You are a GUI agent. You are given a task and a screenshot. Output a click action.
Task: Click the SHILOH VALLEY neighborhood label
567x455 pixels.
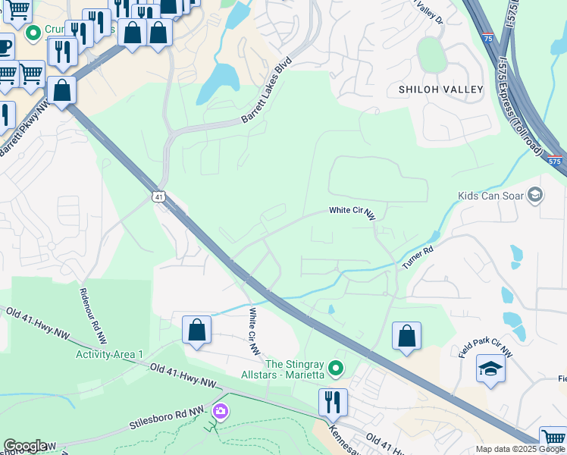pyautogui.click(x=440, y=89)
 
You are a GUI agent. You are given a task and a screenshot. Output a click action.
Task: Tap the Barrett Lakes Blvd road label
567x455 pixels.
pyautogui.click(x=268, y=92)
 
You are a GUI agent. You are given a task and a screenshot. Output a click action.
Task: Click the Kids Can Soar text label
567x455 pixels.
pyautogui.click(x=491, y=196)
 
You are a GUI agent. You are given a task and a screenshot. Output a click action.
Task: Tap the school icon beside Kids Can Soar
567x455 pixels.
pyautogui.click(x=535, y=196)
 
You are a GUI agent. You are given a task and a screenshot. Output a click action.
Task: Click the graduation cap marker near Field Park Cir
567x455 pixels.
pyautogui.click(x=490, y=369)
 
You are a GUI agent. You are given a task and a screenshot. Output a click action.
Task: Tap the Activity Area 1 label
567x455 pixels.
pyautogui.click(x=109, y=354)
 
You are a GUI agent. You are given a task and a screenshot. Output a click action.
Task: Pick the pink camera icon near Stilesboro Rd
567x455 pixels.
pyautogui.click(x=221, y=412)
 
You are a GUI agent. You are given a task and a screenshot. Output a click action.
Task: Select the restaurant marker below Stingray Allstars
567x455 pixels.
pyautogui.click(x=333, y=402)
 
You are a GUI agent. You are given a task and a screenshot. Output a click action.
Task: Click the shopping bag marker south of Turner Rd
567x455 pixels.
pyautogui.click(x=406, y=335)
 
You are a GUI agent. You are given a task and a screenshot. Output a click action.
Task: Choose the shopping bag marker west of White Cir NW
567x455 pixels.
pyautogui.click(x=196, y=330)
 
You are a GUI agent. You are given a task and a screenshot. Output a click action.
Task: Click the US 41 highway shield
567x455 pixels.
pyautogui.click(x=158, y=196)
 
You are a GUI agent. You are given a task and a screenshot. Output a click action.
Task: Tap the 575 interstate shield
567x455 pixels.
pyautogui.click(x=554, y=161)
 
